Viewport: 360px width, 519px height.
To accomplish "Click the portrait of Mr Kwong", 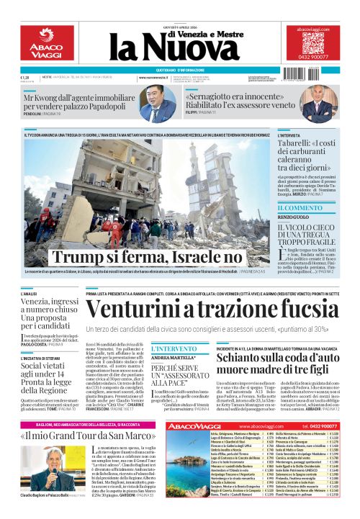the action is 159,104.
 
